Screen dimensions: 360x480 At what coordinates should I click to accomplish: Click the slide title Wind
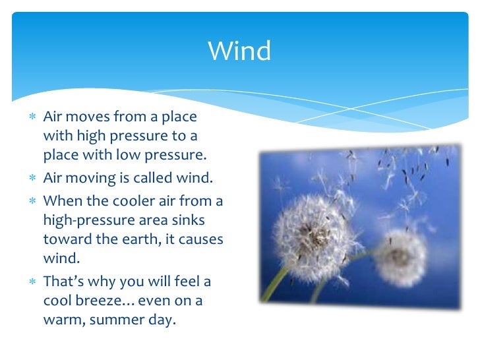tap(239, 51)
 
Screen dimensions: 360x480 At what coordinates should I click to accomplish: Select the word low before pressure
tap(138, 156)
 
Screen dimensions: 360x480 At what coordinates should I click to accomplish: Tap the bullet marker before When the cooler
tap(32, 200)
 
